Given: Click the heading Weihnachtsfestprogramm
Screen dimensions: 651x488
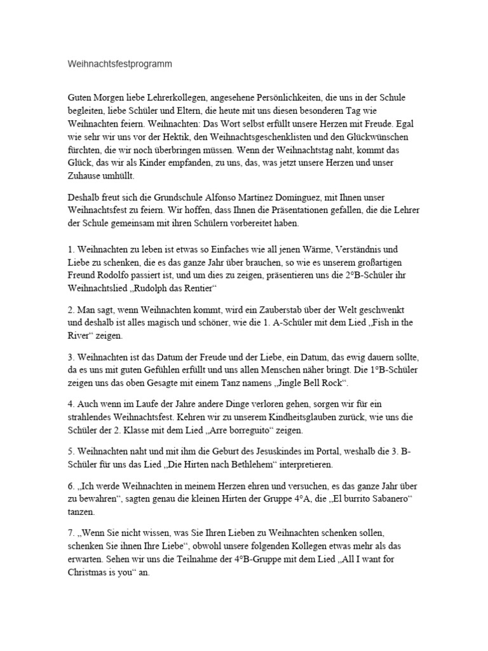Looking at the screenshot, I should click(120, 64).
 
